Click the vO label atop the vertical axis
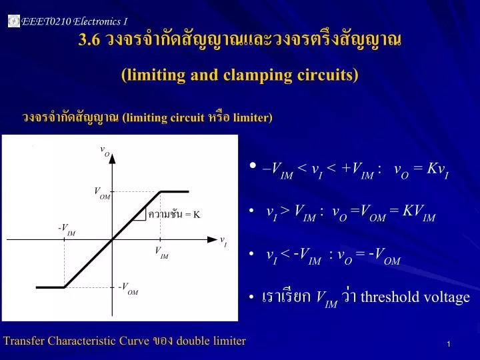[105, 151]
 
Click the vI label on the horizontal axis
[223, 241]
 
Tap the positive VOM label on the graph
[102, 193]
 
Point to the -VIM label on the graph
[67, 229]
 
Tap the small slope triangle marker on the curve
[141, 213]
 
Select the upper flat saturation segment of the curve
[174, 191]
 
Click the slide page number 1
[449, 344]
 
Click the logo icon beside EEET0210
[13, 22]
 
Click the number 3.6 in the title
[89, 40]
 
